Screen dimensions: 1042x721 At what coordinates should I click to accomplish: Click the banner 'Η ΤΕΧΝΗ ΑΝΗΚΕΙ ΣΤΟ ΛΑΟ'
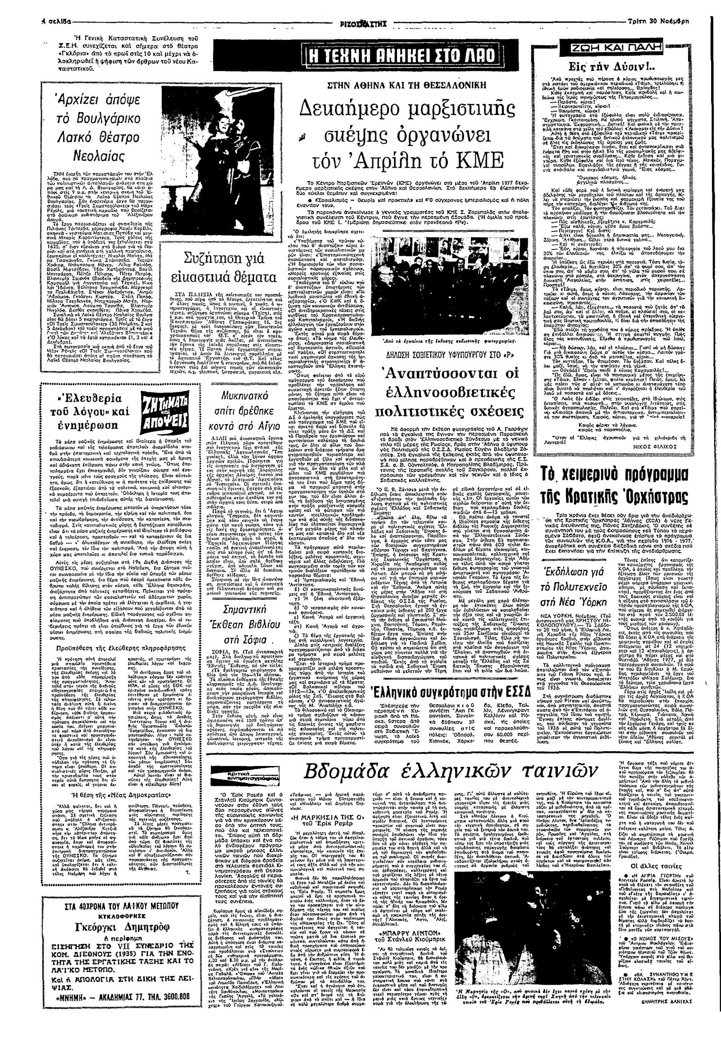click(x=368, y=57)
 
